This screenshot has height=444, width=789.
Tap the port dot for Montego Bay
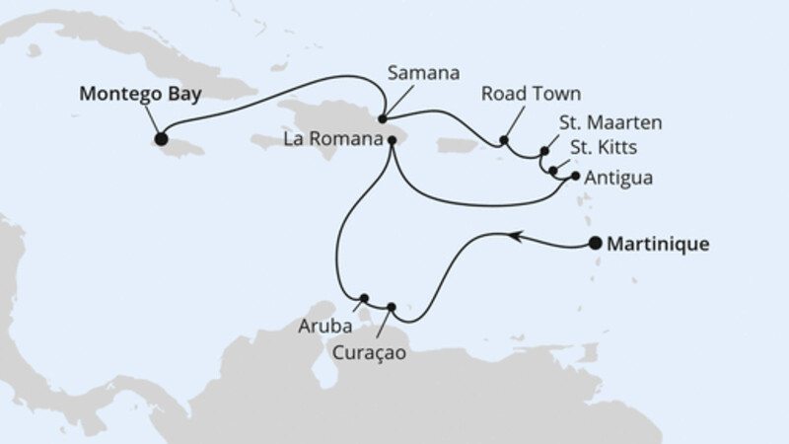coord(161,139)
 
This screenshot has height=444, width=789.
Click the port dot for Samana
coord(382,119)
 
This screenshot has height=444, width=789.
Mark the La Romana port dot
coord(393,140)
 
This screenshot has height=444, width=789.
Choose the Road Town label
coord(531,94)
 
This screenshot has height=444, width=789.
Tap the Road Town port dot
coord(503,140)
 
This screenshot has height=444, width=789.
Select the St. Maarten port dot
coord(544,152)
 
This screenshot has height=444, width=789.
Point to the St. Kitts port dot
coord(553,171)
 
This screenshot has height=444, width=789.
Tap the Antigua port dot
coord(576,178)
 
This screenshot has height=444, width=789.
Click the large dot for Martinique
coord(595,244)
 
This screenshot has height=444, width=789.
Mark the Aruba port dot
coord(364,298)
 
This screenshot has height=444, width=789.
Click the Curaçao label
coord(369,349)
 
